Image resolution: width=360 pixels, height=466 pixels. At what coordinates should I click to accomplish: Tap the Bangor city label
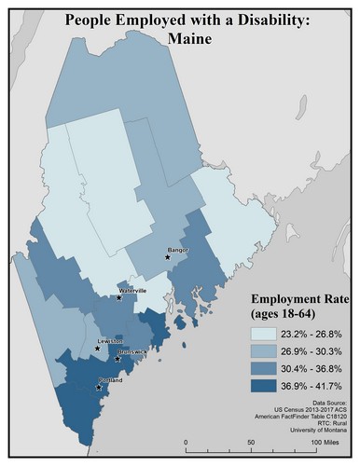pyautogui.click(x=177, y=250)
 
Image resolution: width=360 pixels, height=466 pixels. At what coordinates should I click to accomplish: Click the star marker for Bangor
pyautogui.click(x=168, y=257)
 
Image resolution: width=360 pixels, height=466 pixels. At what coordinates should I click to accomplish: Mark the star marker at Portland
pyautogui.click(x=98, y=386)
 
